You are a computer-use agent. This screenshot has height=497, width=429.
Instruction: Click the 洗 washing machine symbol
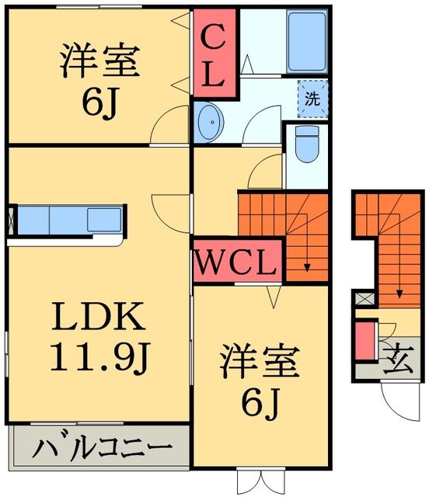(312, 99)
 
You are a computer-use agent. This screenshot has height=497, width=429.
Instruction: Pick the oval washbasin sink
(210, 121)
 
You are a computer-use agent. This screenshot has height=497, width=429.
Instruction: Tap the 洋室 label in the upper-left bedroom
(99, 60)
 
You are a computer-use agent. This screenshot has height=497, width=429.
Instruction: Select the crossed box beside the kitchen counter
(11, 219)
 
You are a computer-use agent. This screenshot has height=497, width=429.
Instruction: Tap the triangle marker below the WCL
(272, 294)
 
